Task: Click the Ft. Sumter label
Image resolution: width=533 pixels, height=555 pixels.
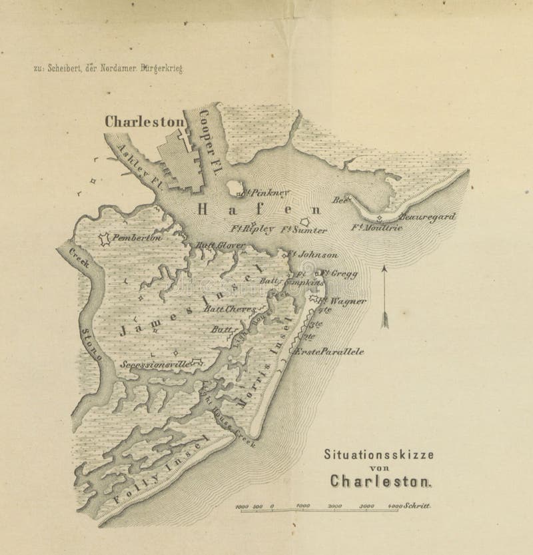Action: [304, 231]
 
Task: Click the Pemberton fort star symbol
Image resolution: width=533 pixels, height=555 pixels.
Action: [104, 238]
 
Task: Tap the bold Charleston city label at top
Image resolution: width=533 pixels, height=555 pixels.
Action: [144, 122]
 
